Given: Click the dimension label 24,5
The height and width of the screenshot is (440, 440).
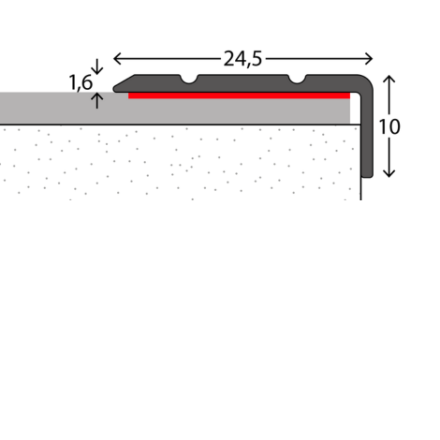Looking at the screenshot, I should coord(242,57).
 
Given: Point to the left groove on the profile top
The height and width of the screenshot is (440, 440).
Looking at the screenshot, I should coord(191,80).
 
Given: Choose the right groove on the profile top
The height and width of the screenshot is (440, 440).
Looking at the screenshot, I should coord(298,80).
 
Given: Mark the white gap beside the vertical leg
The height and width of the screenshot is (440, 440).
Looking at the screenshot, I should coord(356,111).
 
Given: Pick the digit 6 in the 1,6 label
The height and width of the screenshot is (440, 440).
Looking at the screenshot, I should coord(87,81).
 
